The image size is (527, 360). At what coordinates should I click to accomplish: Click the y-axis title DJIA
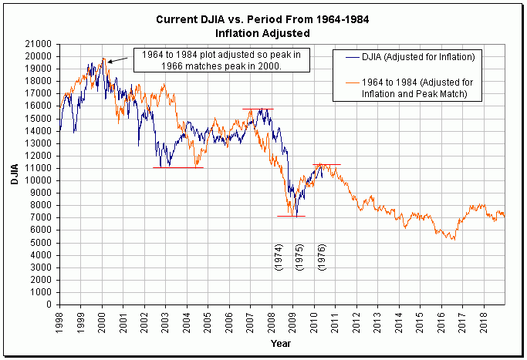click(x=15, y=173)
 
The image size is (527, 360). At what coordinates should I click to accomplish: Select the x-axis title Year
click(x=281, y=342)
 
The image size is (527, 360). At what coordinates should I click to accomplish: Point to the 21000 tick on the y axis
click(x=40, y=44)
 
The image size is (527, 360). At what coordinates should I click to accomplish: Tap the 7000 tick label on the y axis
click(x=42, y=217)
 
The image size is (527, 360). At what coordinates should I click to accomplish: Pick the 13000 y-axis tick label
click(x=40, y=143)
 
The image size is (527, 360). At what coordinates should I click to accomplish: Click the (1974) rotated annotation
click(x=279, y=257)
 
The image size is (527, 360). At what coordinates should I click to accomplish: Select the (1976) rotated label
click(x=322, y=257)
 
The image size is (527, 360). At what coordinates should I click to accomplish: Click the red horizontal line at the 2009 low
click(x=291, y=217)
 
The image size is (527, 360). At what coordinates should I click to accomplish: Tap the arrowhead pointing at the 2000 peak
click(x=109, y=61)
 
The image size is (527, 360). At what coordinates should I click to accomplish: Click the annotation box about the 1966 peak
click(x=222, y=60)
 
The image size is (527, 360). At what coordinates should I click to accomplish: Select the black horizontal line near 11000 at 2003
click(x=178, y=167)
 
